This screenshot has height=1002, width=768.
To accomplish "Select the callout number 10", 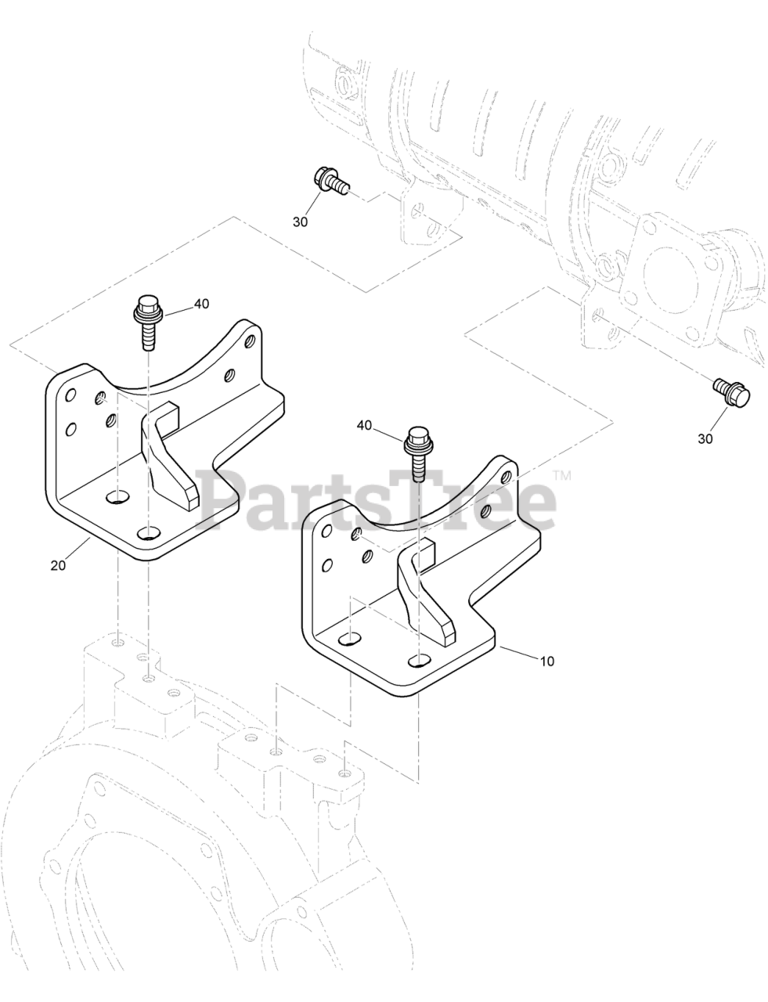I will tap(546, 661).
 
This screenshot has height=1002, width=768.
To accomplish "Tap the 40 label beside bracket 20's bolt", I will tap(201, 305).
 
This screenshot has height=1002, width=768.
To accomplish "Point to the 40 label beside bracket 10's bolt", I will tap(364, 425).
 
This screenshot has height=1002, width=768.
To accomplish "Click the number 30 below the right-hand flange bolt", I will tap(705, 439).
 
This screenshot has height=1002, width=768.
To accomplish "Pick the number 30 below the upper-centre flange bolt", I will tap(301, 222).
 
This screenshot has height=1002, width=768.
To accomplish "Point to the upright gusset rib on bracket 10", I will tap(422, 589).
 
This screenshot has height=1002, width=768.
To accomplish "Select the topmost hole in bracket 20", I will tap(249, 342).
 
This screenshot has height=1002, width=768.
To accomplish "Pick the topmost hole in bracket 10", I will tap(507, 475).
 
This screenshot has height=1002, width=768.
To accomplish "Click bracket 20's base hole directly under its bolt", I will tap(147, 534).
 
